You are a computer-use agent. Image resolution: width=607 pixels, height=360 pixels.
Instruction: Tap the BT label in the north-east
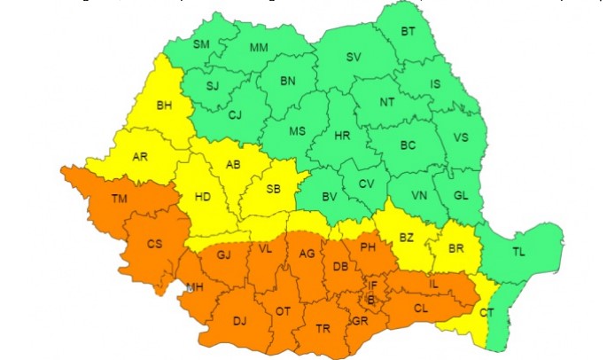(408, 32)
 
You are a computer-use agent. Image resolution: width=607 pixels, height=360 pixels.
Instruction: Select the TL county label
(518, 252)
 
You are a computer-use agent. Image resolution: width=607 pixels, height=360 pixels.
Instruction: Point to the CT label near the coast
(486, 312)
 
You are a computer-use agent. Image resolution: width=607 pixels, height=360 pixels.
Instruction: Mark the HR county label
(342, 136)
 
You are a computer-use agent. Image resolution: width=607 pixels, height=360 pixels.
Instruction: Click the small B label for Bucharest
(370, 300)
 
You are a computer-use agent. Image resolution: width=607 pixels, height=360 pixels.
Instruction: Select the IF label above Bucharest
(374, 286)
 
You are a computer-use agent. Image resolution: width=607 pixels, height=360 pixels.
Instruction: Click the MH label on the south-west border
(196, 286)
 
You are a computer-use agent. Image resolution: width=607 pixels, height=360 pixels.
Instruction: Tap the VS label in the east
(461, 138)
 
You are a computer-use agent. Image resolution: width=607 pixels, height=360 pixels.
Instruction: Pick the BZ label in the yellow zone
(407, 238)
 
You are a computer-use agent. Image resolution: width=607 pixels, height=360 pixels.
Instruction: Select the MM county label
(259, 47)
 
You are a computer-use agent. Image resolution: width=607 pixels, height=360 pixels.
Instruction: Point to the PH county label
(369, 247)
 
